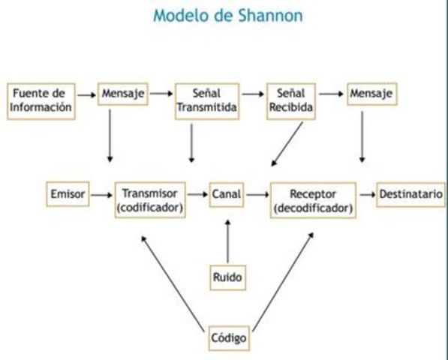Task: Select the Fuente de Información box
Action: click(x=42, y=100)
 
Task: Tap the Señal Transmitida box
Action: click(x=206, y=101)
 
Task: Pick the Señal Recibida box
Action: click(x=290, y=101)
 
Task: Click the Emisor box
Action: click(x=66, y=194)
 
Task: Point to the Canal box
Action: click(x=226, y=194)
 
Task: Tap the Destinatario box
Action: click(x=410, y=194)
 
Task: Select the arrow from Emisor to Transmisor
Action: click(x=99, y=194)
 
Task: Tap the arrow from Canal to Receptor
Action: click(x=257, y=194)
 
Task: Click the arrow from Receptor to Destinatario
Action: click(x=367, y=194)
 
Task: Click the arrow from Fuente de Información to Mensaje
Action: click(x=88, y=94)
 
